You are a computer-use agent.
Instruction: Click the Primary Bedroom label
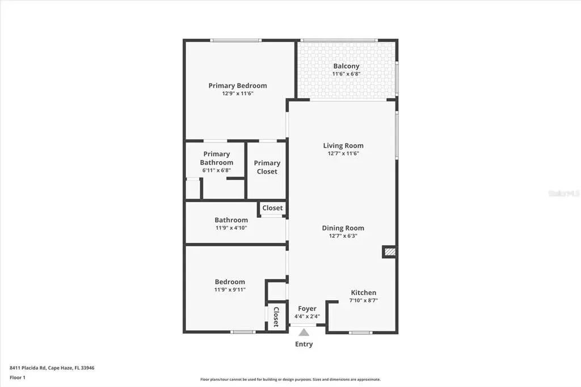point(237,86)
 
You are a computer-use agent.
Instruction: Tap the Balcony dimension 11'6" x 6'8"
point(346,74)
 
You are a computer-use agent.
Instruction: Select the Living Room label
point(343,145)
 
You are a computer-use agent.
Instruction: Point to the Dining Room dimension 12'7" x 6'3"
point(343,236)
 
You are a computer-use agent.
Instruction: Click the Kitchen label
point(363,293)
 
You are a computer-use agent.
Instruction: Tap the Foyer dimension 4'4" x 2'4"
point(307,317)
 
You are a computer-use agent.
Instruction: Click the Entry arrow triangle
point(304,333)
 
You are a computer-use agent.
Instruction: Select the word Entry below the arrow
point(304,344)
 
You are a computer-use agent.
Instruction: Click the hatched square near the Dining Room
point(389,251)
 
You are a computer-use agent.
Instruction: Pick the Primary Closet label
point(267,167)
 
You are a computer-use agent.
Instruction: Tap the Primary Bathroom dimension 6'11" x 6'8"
point(216,170)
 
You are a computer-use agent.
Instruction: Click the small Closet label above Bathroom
point(272,208)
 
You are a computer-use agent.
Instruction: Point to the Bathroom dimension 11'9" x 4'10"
point(231,228)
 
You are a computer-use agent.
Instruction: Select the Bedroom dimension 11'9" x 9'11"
point(230,289)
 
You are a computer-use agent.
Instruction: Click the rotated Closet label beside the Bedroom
point(276,317)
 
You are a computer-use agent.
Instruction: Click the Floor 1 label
point(18,377)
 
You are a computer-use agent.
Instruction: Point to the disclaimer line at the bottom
point(290,380)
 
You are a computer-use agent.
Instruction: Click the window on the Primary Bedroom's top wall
point(235,40)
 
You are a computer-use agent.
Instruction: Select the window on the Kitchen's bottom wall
point(360,332)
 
